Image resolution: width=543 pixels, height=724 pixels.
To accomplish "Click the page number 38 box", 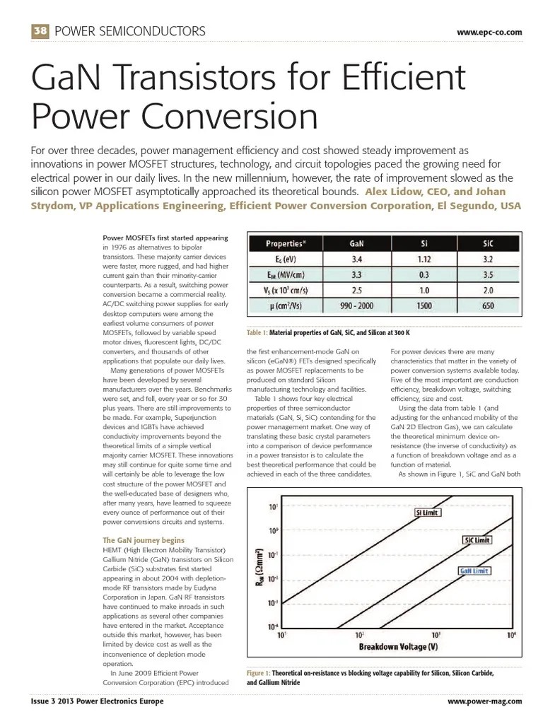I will (40, 31).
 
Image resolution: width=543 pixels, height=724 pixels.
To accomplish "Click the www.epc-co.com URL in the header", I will (489, 32).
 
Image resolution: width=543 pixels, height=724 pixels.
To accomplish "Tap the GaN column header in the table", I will (358, 243).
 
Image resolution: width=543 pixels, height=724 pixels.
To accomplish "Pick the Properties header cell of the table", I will (286, 243).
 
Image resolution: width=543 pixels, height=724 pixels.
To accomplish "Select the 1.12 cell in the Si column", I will (424, 259).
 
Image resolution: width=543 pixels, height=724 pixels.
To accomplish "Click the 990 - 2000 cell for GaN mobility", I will (358, 305).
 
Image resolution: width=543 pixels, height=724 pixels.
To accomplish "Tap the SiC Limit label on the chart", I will (477, 540).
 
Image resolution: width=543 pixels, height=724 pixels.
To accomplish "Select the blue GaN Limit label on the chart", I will (474, 570).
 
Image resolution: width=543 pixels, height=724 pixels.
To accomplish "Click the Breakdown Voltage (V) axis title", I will (398, 647).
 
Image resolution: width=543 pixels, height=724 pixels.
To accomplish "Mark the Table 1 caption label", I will (257, 332).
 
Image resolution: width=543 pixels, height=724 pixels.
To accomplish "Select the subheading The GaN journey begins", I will (144, 540).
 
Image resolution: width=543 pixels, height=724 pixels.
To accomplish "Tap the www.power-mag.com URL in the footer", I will (485, 701).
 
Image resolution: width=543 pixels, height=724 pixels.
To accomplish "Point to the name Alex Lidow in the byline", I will (392, 192).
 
